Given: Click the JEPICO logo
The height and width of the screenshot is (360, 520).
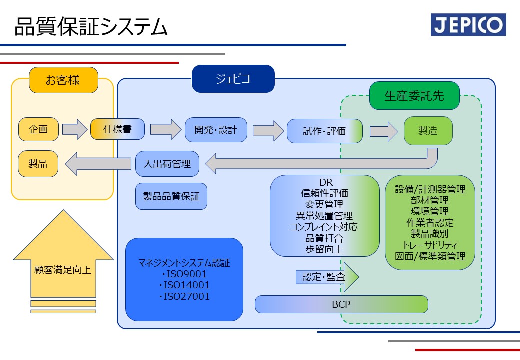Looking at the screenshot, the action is point(468,25).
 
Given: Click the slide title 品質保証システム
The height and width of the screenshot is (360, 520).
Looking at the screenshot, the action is point(91,27).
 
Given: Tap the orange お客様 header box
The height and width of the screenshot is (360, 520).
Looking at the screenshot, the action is point(63,80).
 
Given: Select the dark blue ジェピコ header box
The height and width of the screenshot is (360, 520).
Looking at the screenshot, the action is point(233,79).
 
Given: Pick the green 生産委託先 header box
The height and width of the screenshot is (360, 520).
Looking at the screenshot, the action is point(414,96).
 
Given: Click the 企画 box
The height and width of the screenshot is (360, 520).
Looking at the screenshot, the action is point(39,129).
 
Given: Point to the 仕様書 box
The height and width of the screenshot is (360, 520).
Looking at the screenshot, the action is point(117,129).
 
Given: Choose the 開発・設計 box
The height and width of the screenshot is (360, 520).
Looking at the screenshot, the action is point(216,130).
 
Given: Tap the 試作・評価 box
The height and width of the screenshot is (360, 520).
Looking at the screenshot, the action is point(324,131).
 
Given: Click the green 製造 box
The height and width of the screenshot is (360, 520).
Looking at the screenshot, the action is point(428,131).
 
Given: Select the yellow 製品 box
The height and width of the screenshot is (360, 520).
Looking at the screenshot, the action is point(38,164).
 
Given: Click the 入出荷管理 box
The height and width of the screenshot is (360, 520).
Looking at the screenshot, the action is point(167,164).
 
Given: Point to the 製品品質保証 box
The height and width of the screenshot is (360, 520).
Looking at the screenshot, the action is point(171,196).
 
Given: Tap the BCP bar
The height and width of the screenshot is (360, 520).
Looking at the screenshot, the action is point(341,304).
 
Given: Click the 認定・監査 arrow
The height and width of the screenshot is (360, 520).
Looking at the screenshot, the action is point(327,277).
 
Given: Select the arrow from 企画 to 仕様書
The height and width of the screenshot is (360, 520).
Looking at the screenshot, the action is point(75,129).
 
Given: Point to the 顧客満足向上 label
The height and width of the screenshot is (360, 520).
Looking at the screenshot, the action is point(62,270).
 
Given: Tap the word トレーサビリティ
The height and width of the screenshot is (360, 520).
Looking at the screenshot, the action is point(430,245).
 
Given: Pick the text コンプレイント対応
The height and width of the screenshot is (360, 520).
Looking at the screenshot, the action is point(324,227).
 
